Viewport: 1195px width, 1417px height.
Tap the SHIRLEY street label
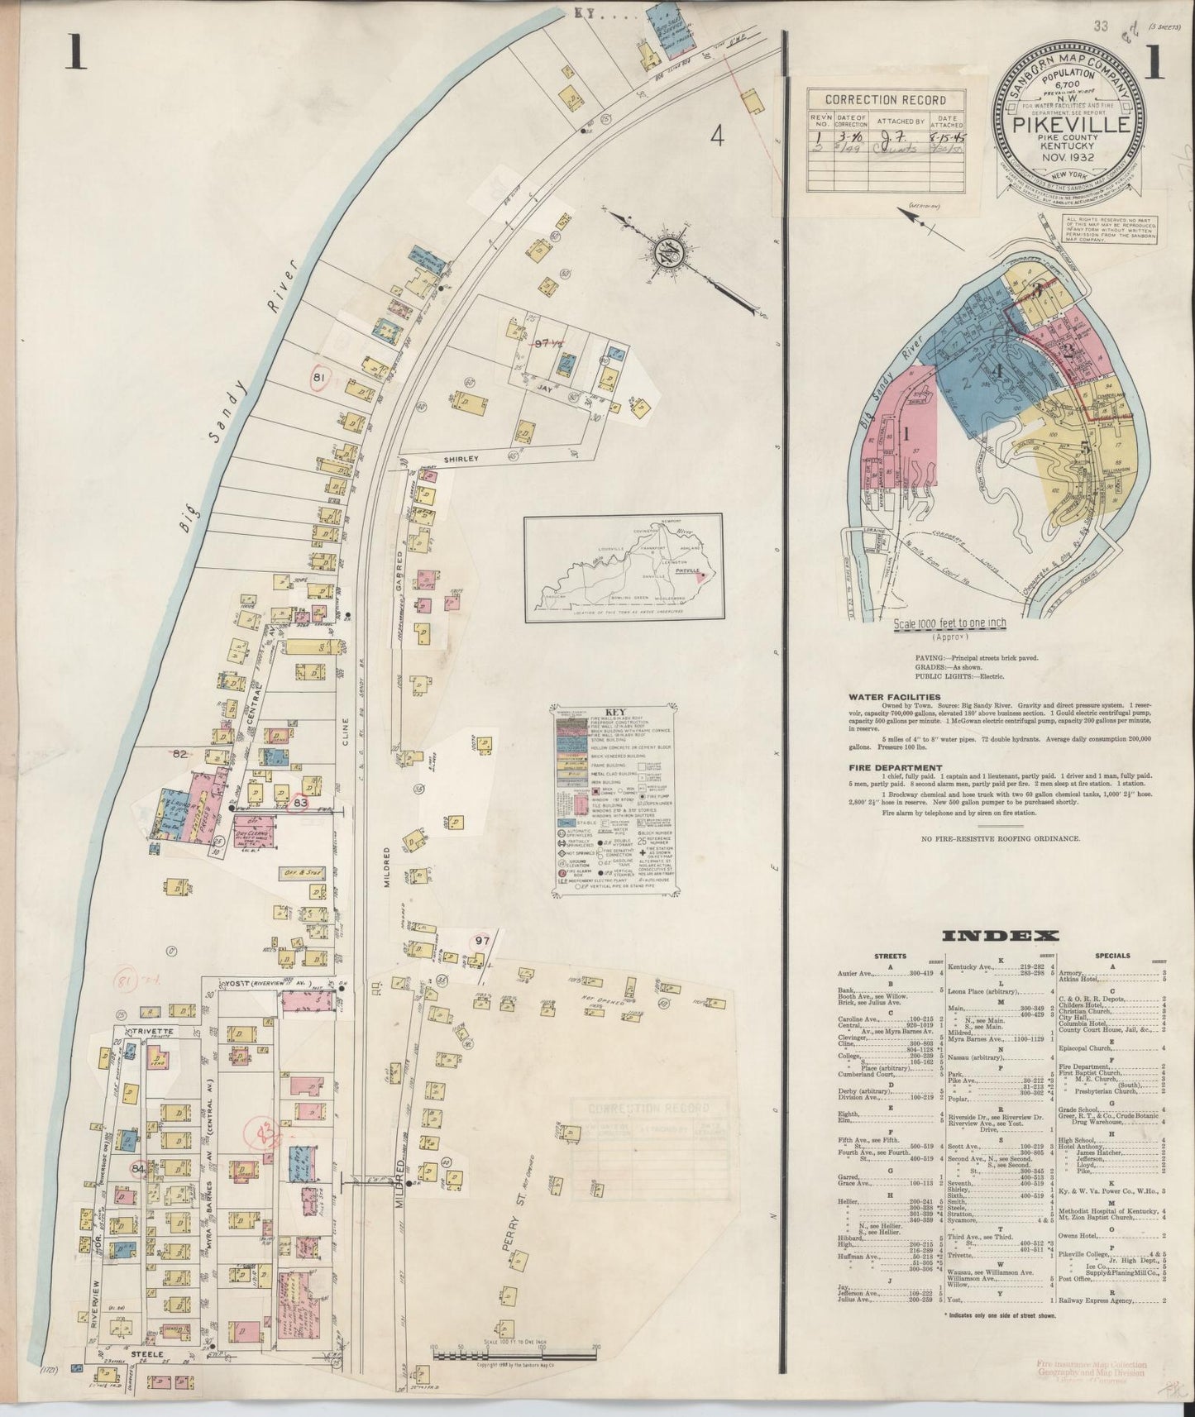pos(438,455)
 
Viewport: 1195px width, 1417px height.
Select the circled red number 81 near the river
pos(318,378)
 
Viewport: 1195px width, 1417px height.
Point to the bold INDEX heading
pos(1001,936)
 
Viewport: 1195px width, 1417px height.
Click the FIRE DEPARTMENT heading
pos(889,768)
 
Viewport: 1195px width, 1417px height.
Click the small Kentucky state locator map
pos(623,568)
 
